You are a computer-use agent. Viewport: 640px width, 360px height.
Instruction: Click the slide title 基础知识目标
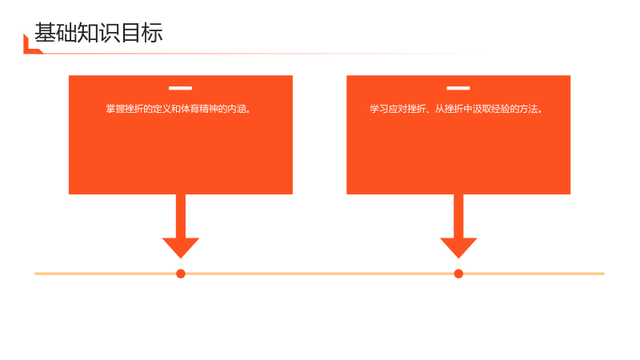[x=98, y=33]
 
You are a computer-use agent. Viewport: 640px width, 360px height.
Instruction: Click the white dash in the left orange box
[x=181, y=88]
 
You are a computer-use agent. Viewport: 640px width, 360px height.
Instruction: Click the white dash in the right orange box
[x=458, y=88]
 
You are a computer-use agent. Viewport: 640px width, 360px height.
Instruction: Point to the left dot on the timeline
[x=181, y=274]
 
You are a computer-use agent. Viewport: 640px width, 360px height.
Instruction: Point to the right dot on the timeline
[x=458, y=274]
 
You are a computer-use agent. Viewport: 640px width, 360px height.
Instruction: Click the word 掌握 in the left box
[x=115, y=109]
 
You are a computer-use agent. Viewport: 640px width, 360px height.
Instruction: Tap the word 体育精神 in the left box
[x=198, y=109]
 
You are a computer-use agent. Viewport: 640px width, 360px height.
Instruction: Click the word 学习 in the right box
[x=378, y=109]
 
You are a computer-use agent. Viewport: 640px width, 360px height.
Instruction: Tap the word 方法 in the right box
[x=529, y=109]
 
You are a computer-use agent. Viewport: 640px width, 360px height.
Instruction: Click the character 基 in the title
[x=45, y=33]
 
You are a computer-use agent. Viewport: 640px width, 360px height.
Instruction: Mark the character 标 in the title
[x=153, y=33]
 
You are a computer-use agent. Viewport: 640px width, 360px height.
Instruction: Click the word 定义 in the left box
[x=162, y=109]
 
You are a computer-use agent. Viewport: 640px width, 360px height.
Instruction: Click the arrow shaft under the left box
[x=181, y=216]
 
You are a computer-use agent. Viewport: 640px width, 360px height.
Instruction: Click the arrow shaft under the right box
[x=458, y=216]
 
